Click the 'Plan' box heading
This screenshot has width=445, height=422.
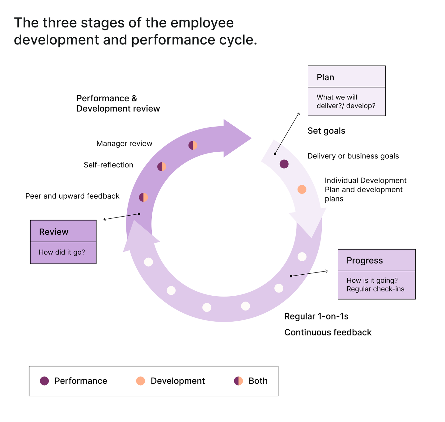[325, 77]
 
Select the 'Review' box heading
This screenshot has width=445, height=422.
[54, 232]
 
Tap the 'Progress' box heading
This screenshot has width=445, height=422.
[364, 260]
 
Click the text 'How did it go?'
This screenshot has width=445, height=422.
[62, 252]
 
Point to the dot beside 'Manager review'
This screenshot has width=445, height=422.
[193, 145]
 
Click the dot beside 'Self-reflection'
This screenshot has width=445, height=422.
[162, 167]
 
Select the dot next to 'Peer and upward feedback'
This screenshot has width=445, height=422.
[143, 197]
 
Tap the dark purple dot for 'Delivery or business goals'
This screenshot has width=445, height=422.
[284, 164]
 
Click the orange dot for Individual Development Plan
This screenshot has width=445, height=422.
[302, 189]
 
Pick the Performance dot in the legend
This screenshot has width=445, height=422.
[44, 381]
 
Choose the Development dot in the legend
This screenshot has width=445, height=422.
[140, 381]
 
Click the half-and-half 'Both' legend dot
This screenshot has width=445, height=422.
[238, 381]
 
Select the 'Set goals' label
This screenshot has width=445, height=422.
[326, 131]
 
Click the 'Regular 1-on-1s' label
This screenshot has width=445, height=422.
[316, 316]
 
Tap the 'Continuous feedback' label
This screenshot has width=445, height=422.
[328, 332]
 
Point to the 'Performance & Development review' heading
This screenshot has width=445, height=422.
[118, 103]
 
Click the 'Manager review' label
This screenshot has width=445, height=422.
[124, 143]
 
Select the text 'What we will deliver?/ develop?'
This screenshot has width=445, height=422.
[346, 101]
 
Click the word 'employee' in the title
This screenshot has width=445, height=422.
[202, 23]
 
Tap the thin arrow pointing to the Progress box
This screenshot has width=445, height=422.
[309, 273]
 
